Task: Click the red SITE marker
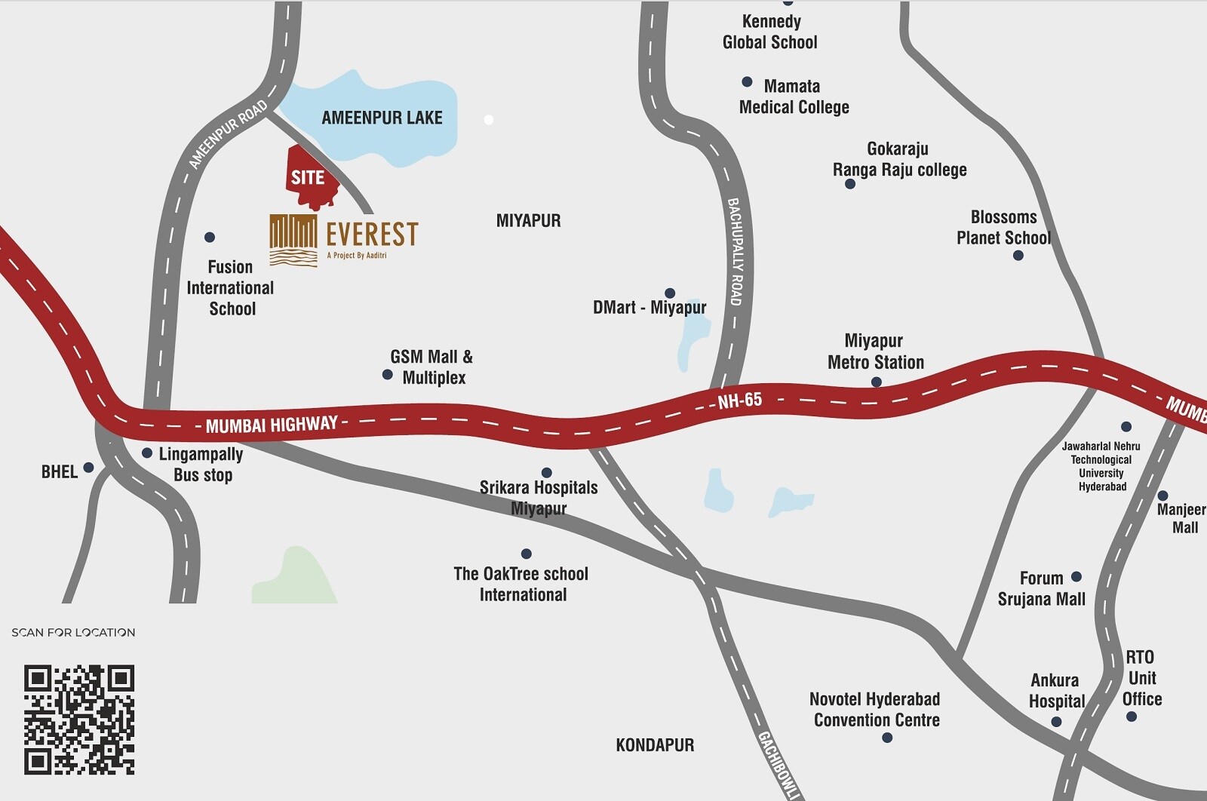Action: point(309,177)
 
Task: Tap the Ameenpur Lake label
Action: point(382,118)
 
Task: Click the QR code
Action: point(79,720)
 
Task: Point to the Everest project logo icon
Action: point(293,241)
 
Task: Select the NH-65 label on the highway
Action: point(739,400)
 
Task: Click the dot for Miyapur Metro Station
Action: point(876,382)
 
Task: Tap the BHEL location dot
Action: point(88,468)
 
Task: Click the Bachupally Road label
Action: point(736,251)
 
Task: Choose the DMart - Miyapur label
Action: point(650,307)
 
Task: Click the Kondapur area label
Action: point(655,745)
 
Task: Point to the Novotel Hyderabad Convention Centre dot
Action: point(887,738)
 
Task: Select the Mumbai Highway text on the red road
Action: point(272,425)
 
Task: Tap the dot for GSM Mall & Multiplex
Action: point(387,375)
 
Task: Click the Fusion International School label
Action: point(231,288)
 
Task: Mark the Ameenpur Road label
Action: point(228,134)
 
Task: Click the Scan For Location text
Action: point(73,633)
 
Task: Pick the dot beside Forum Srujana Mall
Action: point(1076,577)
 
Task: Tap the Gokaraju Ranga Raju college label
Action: point(899,159)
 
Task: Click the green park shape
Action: point(296,577)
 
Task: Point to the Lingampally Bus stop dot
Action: point(147,453)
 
